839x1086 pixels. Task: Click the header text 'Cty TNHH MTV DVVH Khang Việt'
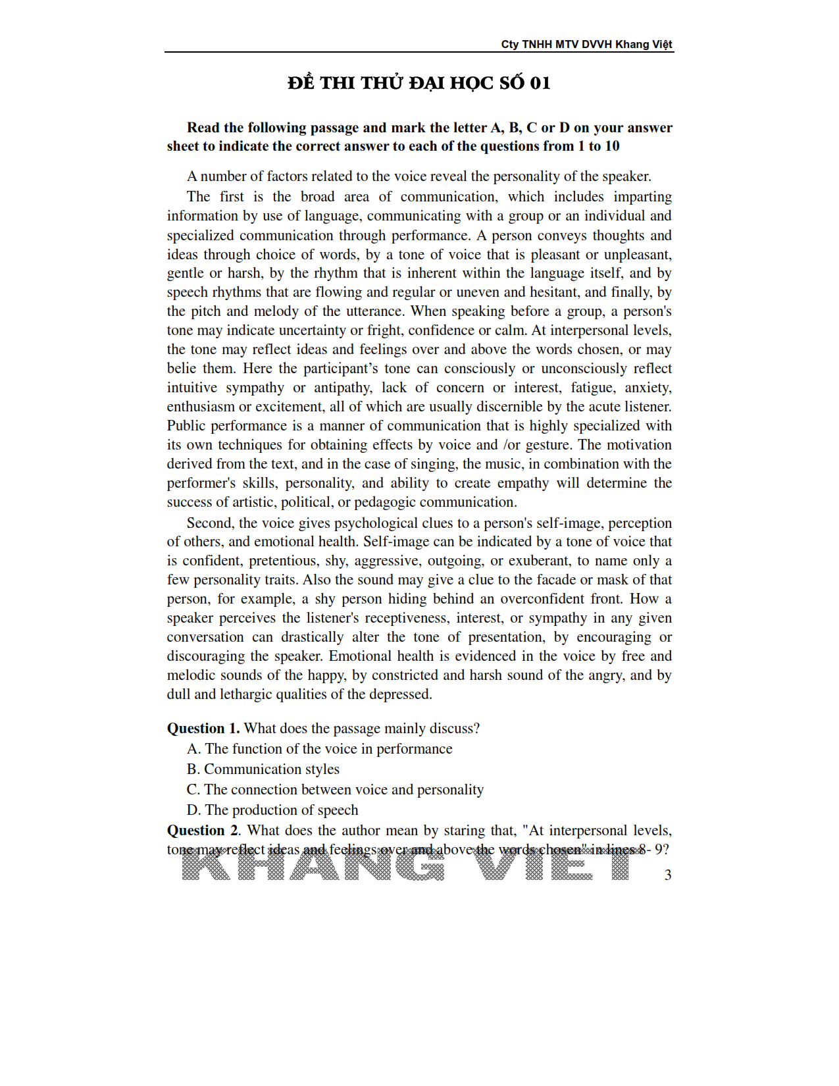(x=586, y=44)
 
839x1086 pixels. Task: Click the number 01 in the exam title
(x=540, y=83)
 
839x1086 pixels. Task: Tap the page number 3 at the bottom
(x=668, y=875)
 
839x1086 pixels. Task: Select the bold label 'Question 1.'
(x=203, y=729)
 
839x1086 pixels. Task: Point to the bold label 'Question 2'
(x=202, y=831)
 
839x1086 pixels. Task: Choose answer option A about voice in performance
(x=320, y=749)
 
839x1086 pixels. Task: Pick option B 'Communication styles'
(x=263, y=769)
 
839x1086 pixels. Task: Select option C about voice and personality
(x=336, y=790)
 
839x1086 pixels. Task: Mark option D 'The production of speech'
(x=273, y=810)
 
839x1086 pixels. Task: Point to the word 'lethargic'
(x=245, y=694)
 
